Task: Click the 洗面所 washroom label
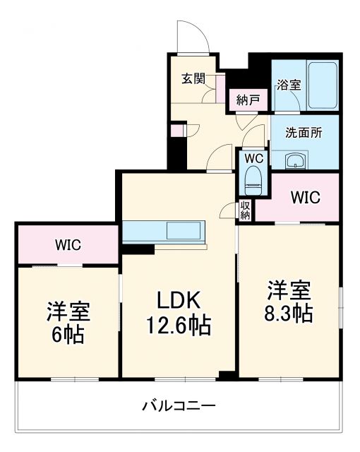pyautogui.click(x=304, y=132)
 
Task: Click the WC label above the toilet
pyautogui.click(x=253, y=158)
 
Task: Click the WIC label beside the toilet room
pyautogui.click(x=306, y=197)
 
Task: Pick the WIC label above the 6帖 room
pyautogui.click(x=68, y=245)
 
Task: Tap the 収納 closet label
pyautogui.click(x=246, y=210)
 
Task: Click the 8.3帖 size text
pyautogui.click(x=289, y=314)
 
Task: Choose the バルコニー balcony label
pyautogui.click(x=179, y=406)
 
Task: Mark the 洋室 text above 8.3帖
pyautogui.click(x=289, y=290)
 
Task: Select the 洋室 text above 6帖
pyautogui.click(x=68, y=311)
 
